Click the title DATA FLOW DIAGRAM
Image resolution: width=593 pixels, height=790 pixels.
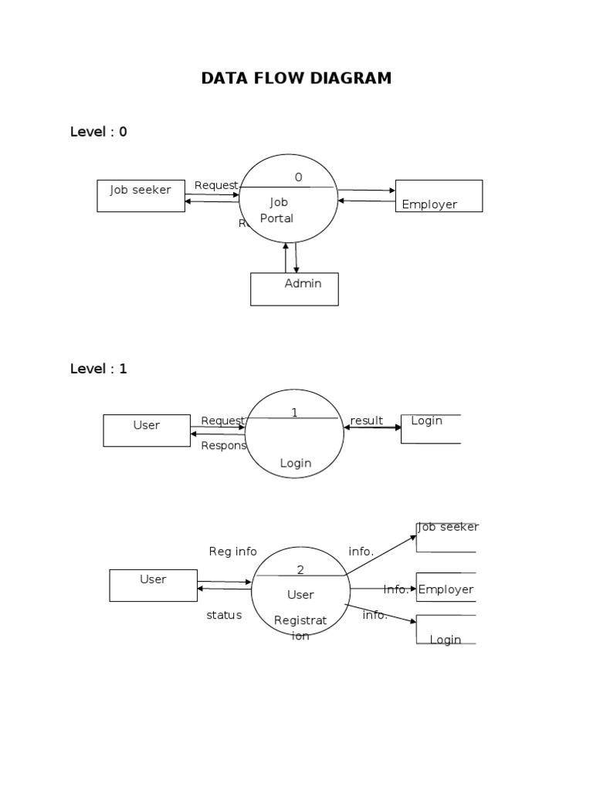(296, 78)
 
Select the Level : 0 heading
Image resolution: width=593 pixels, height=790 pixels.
(99, 132)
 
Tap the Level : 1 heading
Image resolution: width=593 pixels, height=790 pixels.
(99, 369)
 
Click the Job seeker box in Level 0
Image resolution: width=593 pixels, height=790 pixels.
(141, 196)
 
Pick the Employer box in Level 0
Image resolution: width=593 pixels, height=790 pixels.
(439, 196)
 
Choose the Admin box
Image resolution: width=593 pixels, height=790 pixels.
(294, 289)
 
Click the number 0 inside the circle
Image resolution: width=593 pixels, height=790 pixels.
(298, 177)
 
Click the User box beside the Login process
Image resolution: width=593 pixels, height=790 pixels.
(147, 430)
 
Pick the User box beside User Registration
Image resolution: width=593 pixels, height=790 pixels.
(153, 585)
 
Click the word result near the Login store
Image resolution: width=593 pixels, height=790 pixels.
(367, 420)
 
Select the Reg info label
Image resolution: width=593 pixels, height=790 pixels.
(232, 552)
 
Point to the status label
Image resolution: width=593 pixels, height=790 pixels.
(224, 615)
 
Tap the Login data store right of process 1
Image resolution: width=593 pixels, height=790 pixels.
(430, 428)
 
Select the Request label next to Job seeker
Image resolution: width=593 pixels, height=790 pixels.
(216, 186)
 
